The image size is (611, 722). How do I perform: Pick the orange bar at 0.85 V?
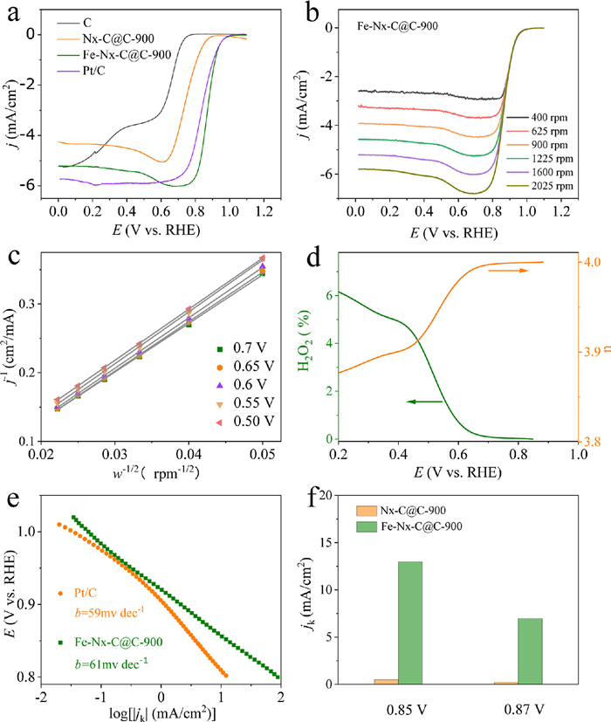tap(386, 682)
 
